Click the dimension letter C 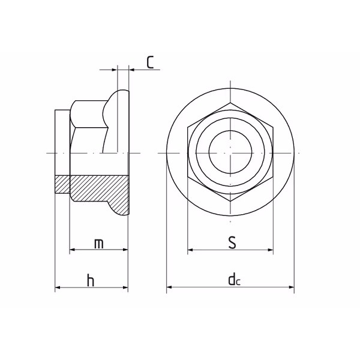point(150,62)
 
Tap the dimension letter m point(99,244)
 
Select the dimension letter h point(91,280)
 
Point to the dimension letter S point(232,242)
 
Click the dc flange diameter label point(234,279)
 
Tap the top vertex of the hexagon point(230,103)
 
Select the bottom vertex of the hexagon point(230,202)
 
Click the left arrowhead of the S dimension point(190,250)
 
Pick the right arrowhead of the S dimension point(271,250)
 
